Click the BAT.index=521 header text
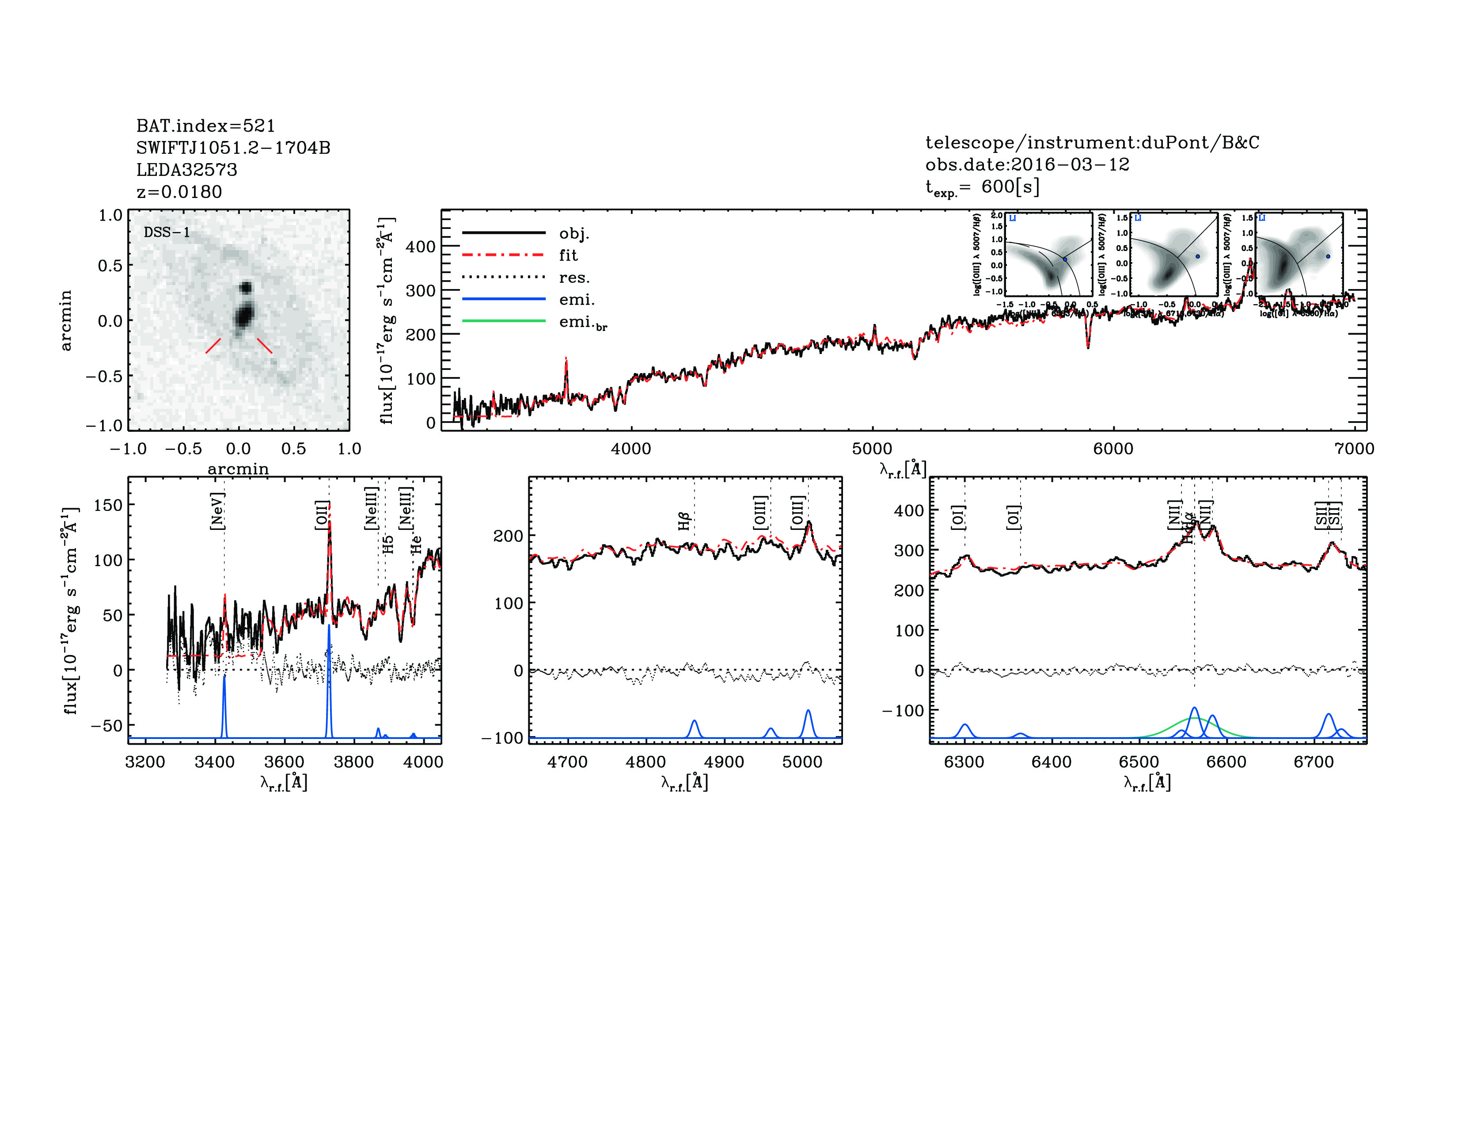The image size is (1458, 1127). (205, 126)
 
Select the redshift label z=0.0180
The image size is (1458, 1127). (179, 192)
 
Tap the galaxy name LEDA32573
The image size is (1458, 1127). (186, 170)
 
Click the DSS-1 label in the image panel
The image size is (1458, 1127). (167, 232)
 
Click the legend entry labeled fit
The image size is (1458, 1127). (568, 255)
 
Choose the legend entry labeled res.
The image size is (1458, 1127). (574, 278)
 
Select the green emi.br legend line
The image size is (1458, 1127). (504, 321)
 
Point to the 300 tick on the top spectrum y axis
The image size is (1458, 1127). (421, 290)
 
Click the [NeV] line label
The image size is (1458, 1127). (217, 511)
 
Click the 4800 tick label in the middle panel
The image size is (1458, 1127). (645, 762)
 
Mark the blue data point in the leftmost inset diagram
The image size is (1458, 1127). (1065, 259)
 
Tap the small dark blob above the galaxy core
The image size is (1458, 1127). (246, 288)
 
